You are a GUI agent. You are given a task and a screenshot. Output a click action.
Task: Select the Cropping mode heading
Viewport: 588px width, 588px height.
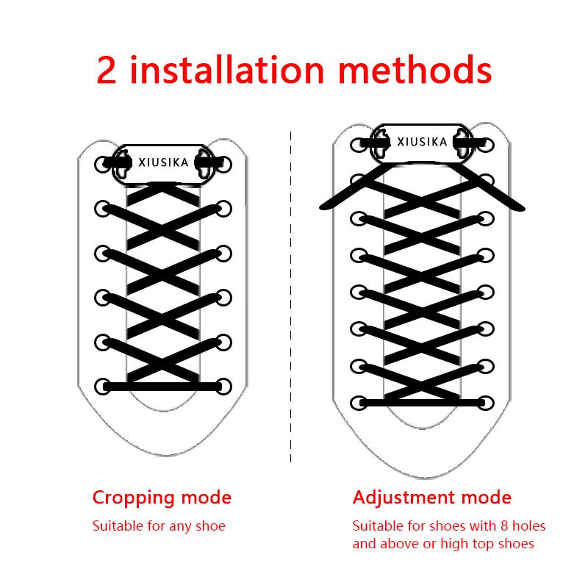tap(162, 498)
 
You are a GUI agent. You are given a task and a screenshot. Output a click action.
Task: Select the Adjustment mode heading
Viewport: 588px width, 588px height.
tap(431, 498)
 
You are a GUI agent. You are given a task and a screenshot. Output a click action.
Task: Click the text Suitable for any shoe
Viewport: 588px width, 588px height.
tap(159, 526)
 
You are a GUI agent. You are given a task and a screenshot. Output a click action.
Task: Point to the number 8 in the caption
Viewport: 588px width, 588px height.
tap(469, 526)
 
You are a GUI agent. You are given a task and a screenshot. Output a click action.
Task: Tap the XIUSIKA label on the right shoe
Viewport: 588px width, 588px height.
tap(421, 142)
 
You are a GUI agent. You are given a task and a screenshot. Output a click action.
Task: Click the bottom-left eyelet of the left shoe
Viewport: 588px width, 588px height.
tap(101, 386)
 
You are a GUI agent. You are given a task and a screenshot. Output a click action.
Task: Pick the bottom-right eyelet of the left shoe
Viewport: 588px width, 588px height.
tap(224, 386)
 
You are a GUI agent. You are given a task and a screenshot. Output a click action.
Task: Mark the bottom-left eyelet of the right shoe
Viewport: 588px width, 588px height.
tap(357, 403)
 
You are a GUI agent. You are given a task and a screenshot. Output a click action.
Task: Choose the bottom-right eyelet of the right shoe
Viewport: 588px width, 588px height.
tap(486, 403)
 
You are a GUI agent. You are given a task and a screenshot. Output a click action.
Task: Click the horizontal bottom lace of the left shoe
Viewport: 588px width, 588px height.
tap(162, 386)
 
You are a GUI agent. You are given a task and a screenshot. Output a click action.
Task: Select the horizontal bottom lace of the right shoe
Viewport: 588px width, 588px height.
tap(421, 403)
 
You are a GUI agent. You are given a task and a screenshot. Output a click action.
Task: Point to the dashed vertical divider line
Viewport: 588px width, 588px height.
tap(291, 294)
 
